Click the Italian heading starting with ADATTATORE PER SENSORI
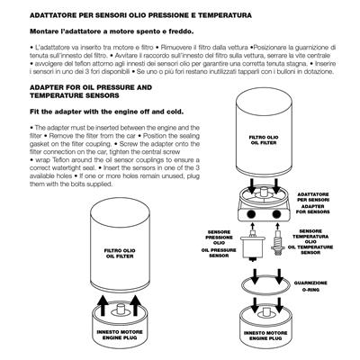point(140,15)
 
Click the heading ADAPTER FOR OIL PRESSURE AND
point(91,87)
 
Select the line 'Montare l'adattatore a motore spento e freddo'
point(112,31)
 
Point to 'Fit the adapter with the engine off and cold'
point(107,112)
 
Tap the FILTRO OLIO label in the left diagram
point(120,250)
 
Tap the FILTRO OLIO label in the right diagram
point(264,137)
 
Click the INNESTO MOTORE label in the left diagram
point(120,332)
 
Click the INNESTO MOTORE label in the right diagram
point(265,333)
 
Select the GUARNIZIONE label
point(310,283)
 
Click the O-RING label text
point(310,290)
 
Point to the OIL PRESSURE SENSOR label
point(219,253)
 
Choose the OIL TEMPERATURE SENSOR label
point(310,250)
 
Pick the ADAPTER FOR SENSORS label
point(313,209)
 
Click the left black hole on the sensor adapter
point(251,214)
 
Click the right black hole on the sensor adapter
point(276,214)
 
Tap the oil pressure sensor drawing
point(253,246)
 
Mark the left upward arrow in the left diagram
point(103,305)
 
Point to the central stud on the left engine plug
point(121,310)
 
